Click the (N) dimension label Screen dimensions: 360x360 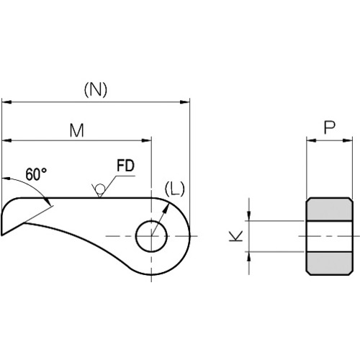(x=96, y=90)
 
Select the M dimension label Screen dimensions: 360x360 (x=77, y=130)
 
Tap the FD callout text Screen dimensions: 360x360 (x=125, y=166)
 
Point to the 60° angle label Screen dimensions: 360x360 (x=36, y=174)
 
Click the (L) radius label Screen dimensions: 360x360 (x=175, y=189)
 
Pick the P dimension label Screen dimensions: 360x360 (x=330, y=127)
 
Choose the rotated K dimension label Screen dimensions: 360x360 (x=236, y=236)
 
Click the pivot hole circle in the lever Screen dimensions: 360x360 (x=151, y=236)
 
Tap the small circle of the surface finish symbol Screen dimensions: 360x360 (x=100, y=189)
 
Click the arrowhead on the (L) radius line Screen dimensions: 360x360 (x=166, y=209)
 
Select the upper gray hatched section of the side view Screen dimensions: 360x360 (x=330, y=210)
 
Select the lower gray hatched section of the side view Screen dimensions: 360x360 (x=330, y=264)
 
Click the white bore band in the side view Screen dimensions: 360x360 (x=330, y=236)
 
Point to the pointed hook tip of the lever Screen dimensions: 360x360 (x=2, y=235)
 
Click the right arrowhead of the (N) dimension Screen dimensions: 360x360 (x=185, y=102)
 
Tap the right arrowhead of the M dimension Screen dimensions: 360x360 (x=146, y=140)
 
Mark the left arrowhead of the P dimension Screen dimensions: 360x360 (x=312, y=140)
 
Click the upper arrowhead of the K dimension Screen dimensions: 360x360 (x=249, y=215)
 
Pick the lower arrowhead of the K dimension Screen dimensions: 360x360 (x=249, y=257)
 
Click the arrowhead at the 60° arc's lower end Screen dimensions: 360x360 (x=47, y=201)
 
